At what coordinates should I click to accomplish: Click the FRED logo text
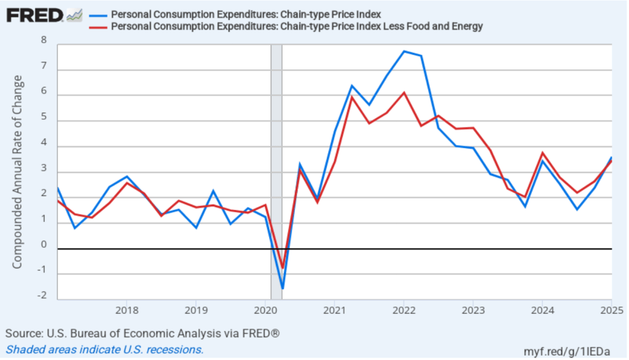click(34, 14)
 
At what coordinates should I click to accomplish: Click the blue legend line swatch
click(98, 14)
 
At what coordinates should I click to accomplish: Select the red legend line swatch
click(98, 26)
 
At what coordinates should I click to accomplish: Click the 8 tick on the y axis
click(44, 41)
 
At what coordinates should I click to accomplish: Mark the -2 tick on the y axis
click(42, 295)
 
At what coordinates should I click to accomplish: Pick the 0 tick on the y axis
click(44, 245)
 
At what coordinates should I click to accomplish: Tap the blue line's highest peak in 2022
click(404, 51)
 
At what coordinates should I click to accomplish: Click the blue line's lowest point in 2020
click(283, 288)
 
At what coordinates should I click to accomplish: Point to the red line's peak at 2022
click(404, 93)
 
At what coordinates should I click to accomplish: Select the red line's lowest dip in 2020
click(283, 268)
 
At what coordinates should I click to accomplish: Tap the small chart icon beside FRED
click(74, 14)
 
